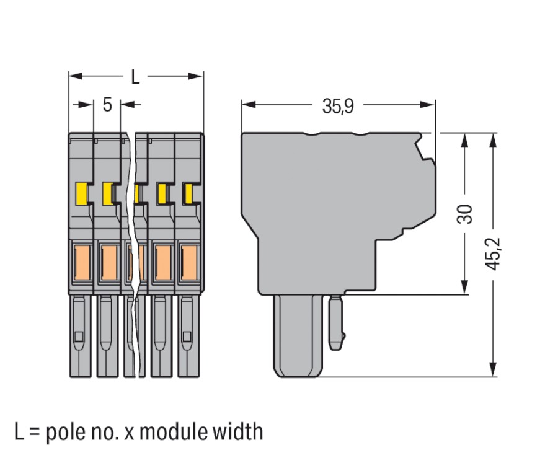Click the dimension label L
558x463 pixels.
135,77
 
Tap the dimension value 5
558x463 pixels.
107,105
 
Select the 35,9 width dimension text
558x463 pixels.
337,106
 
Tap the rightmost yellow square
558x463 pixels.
188,195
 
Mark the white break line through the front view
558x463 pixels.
133,248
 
